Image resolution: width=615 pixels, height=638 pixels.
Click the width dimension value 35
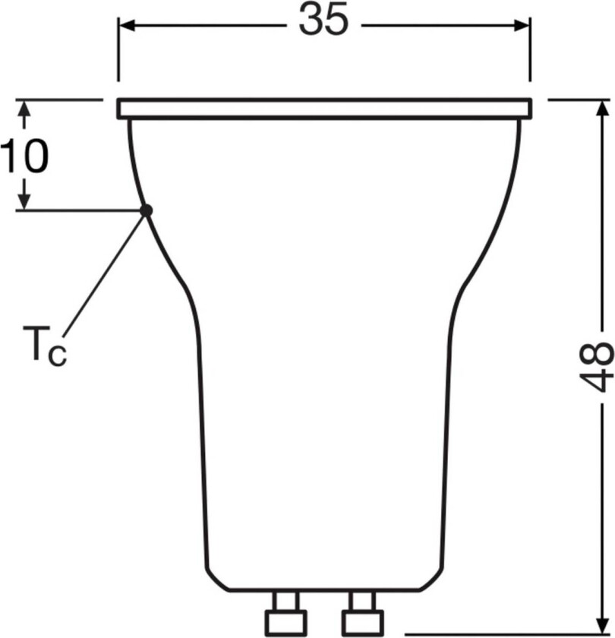[323, 22]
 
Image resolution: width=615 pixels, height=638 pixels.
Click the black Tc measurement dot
[146, 210]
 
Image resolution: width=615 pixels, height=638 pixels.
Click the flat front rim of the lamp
[324, 109]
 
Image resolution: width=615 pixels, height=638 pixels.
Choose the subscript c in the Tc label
[57, 355]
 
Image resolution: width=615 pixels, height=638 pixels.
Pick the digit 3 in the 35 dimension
[311, 22]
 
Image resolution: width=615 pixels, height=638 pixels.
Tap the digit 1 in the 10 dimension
[11, 157]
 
